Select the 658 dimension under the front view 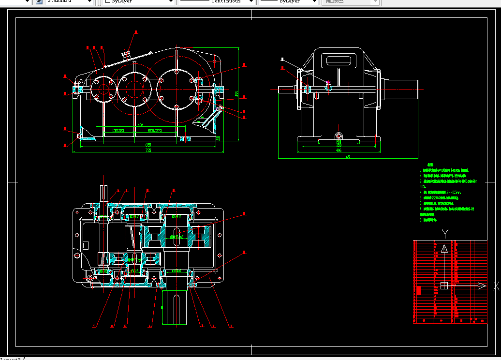point(148,144)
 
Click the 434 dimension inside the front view point(140,125)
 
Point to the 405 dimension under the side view point(339,150)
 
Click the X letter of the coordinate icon point(496,286)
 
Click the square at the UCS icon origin point(444,286)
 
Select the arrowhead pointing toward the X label point(482,286)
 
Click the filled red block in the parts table point(418,291)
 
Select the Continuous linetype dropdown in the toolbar point(216,2)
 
